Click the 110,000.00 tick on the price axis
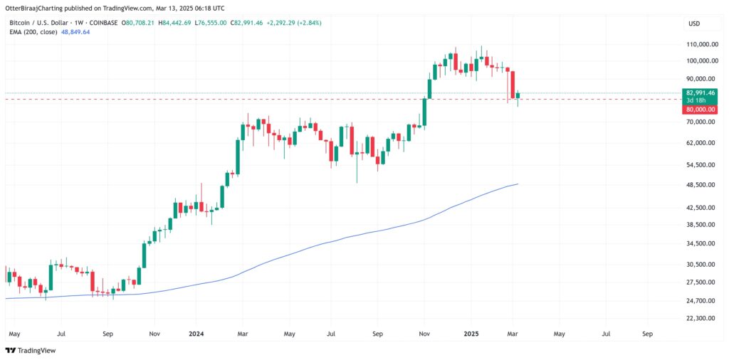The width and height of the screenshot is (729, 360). [x=702, y=44]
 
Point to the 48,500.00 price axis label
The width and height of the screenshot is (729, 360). [x=702, y=185]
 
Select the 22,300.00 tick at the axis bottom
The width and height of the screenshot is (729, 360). [x=702, y=318]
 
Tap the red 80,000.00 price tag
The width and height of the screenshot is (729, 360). [x=702, y=110]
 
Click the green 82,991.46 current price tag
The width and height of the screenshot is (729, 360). [x=702, y=92]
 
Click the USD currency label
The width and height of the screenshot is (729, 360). [x=693, y=23]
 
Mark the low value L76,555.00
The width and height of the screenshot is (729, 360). [x=211, y=23]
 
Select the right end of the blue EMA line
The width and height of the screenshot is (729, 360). [x=518, y=184]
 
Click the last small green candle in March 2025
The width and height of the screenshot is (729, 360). [x=518, y=95]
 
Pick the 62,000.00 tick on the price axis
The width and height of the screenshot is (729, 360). [x=702, y=143]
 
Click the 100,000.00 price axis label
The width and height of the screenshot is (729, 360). [x=702, y=62]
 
